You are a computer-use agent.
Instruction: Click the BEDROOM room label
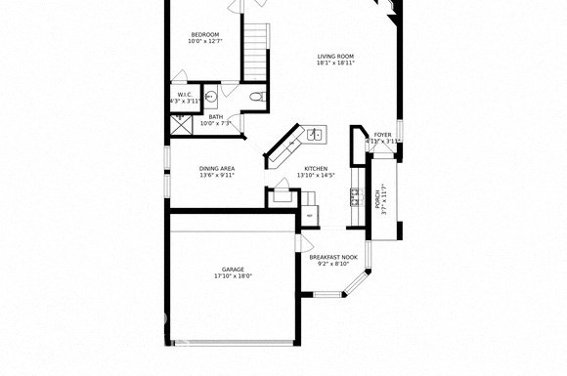tap(204, 35)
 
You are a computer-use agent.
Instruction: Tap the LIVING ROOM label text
tap(335, 56)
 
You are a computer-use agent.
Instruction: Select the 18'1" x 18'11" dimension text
tap(335, 64)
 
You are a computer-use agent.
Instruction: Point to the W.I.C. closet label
tap(184, 95)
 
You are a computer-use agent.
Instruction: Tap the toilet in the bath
tap(255, 97)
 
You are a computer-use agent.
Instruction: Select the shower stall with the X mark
tap(180, 123)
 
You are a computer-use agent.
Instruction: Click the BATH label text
tap(215, 117)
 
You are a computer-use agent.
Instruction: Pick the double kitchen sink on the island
tap(314, 135)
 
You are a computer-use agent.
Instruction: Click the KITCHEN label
tap(316, 169)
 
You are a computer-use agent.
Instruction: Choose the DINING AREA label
tap(217, 169)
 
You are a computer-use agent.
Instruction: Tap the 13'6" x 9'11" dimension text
tap(217, 177)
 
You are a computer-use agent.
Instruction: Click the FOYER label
tap(382, 135)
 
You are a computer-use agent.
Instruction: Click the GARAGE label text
tap(233, 269)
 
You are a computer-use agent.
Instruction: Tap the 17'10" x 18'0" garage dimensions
tap(233, 276)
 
